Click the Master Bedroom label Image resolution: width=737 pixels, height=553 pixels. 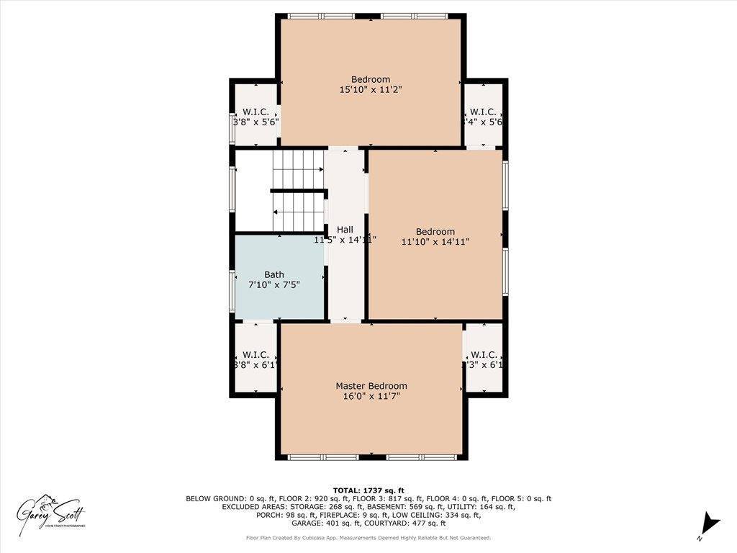[x=371, y=386]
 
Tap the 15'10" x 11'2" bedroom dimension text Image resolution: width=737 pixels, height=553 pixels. [x=371, y=90]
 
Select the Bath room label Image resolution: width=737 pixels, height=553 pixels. [x=273, y=274]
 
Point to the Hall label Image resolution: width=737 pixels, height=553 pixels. [x=345, y=230]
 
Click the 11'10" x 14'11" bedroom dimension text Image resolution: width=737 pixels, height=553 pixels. [x=435, y=242]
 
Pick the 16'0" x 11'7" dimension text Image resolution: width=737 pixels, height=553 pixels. [x=371, y=396]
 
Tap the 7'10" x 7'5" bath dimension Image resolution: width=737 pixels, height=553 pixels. [x=273, y=284]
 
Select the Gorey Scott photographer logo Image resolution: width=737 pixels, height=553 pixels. [x=52, y=513]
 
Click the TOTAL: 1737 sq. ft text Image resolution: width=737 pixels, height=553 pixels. [x=368, y=490]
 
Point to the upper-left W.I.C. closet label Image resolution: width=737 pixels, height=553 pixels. [x=256, y=112]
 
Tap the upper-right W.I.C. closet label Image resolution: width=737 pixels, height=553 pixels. [x=482, y=112]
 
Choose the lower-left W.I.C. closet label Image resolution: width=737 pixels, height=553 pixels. [x=256, y=354]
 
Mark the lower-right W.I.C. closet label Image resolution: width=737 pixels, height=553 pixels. [x=483, y=354]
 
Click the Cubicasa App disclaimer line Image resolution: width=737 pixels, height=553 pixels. [x=368, y=538]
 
